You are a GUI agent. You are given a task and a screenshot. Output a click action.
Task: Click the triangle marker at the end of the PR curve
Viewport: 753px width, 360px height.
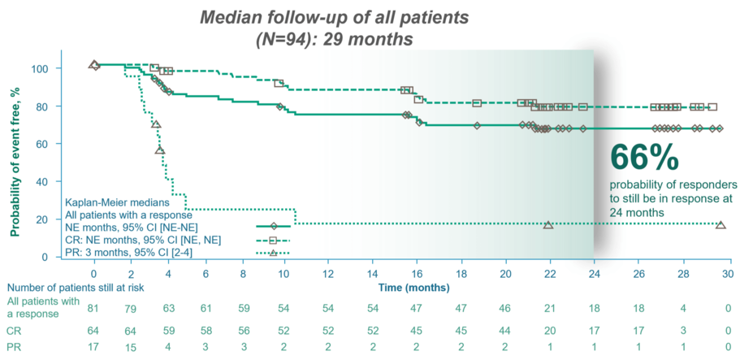click(x=721, y=224)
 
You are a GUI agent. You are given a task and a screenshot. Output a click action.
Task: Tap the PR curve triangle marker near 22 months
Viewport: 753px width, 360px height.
click(x=548, y=224)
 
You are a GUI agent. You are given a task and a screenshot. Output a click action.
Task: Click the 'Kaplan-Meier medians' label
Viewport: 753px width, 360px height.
click(x=116, y=201)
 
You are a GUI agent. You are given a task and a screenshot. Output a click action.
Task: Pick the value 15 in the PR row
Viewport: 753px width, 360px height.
click(x=131, y=347)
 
